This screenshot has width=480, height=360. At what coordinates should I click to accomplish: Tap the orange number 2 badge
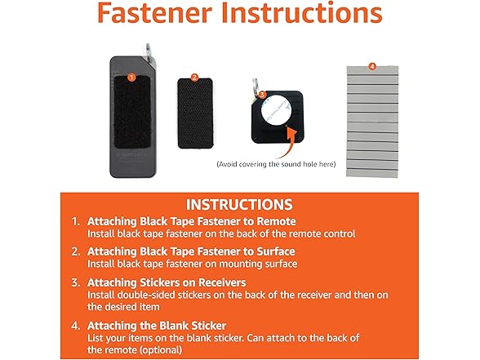coord(194,78)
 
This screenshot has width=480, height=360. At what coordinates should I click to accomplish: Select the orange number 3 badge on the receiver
coord(261,94)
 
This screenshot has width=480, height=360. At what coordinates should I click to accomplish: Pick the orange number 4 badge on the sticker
coord(371,65)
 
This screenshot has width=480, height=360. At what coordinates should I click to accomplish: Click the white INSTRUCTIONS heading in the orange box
coord(239,204)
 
